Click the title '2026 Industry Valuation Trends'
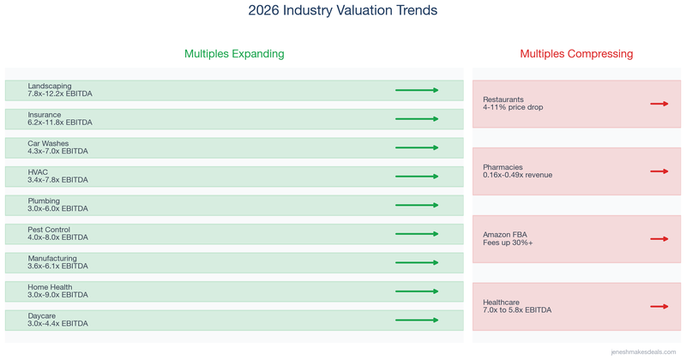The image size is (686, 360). click(342, 11)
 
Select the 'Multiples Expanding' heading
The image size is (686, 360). click(234, 54)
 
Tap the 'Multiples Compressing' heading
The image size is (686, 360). click(576, 54)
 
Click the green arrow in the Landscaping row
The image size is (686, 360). click(417, 90)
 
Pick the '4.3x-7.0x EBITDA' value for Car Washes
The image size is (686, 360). click(57, 152)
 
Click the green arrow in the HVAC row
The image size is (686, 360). click(417, 177)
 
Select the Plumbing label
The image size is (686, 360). click(44, 201)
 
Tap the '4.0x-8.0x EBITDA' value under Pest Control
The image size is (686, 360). click(57, 237)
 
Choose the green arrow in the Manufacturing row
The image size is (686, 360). click(417, 263)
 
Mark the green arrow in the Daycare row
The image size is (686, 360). click(417, 321)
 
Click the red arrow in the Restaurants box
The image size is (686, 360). click(659, 104)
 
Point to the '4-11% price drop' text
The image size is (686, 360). click(513, 108)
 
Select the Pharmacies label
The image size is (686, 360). click(502, 166)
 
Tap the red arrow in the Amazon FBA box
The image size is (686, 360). click(659, 239)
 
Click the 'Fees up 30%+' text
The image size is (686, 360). click(508, 243)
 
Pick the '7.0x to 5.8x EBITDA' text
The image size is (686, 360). click(517, 310)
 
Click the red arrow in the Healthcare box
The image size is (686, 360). click(659, 306)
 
